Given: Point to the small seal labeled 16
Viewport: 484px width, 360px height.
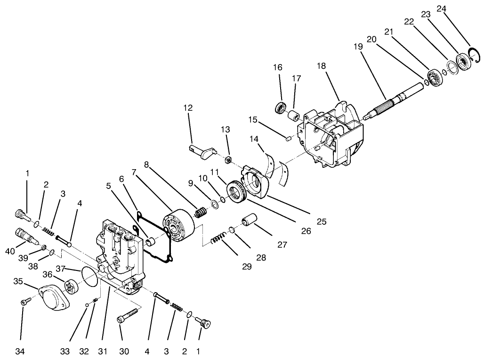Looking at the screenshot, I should (281, 107).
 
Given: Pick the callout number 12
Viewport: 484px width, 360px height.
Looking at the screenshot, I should (188, 108).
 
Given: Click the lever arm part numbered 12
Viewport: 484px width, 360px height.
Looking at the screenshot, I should (202, 151).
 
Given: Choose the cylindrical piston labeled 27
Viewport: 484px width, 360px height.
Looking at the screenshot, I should (250, 221).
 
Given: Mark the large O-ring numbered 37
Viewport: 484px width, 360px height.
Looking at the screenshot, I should (90, 276).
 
